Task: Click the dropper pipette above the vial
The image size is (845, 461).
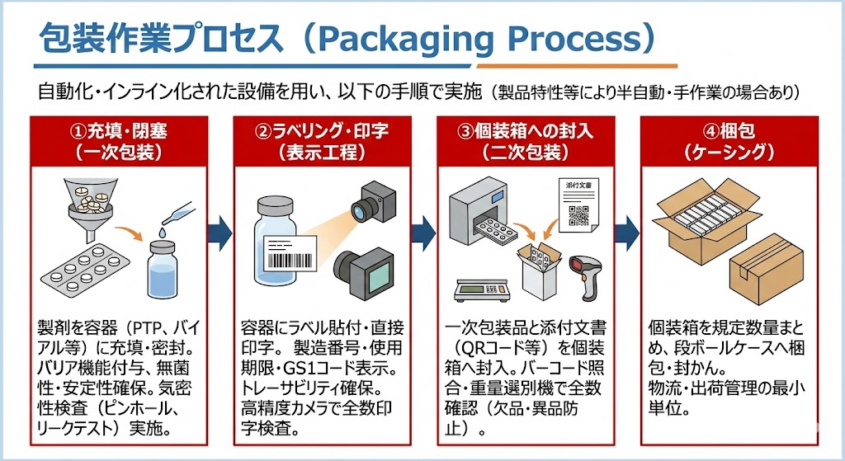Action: coord(177,212)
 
